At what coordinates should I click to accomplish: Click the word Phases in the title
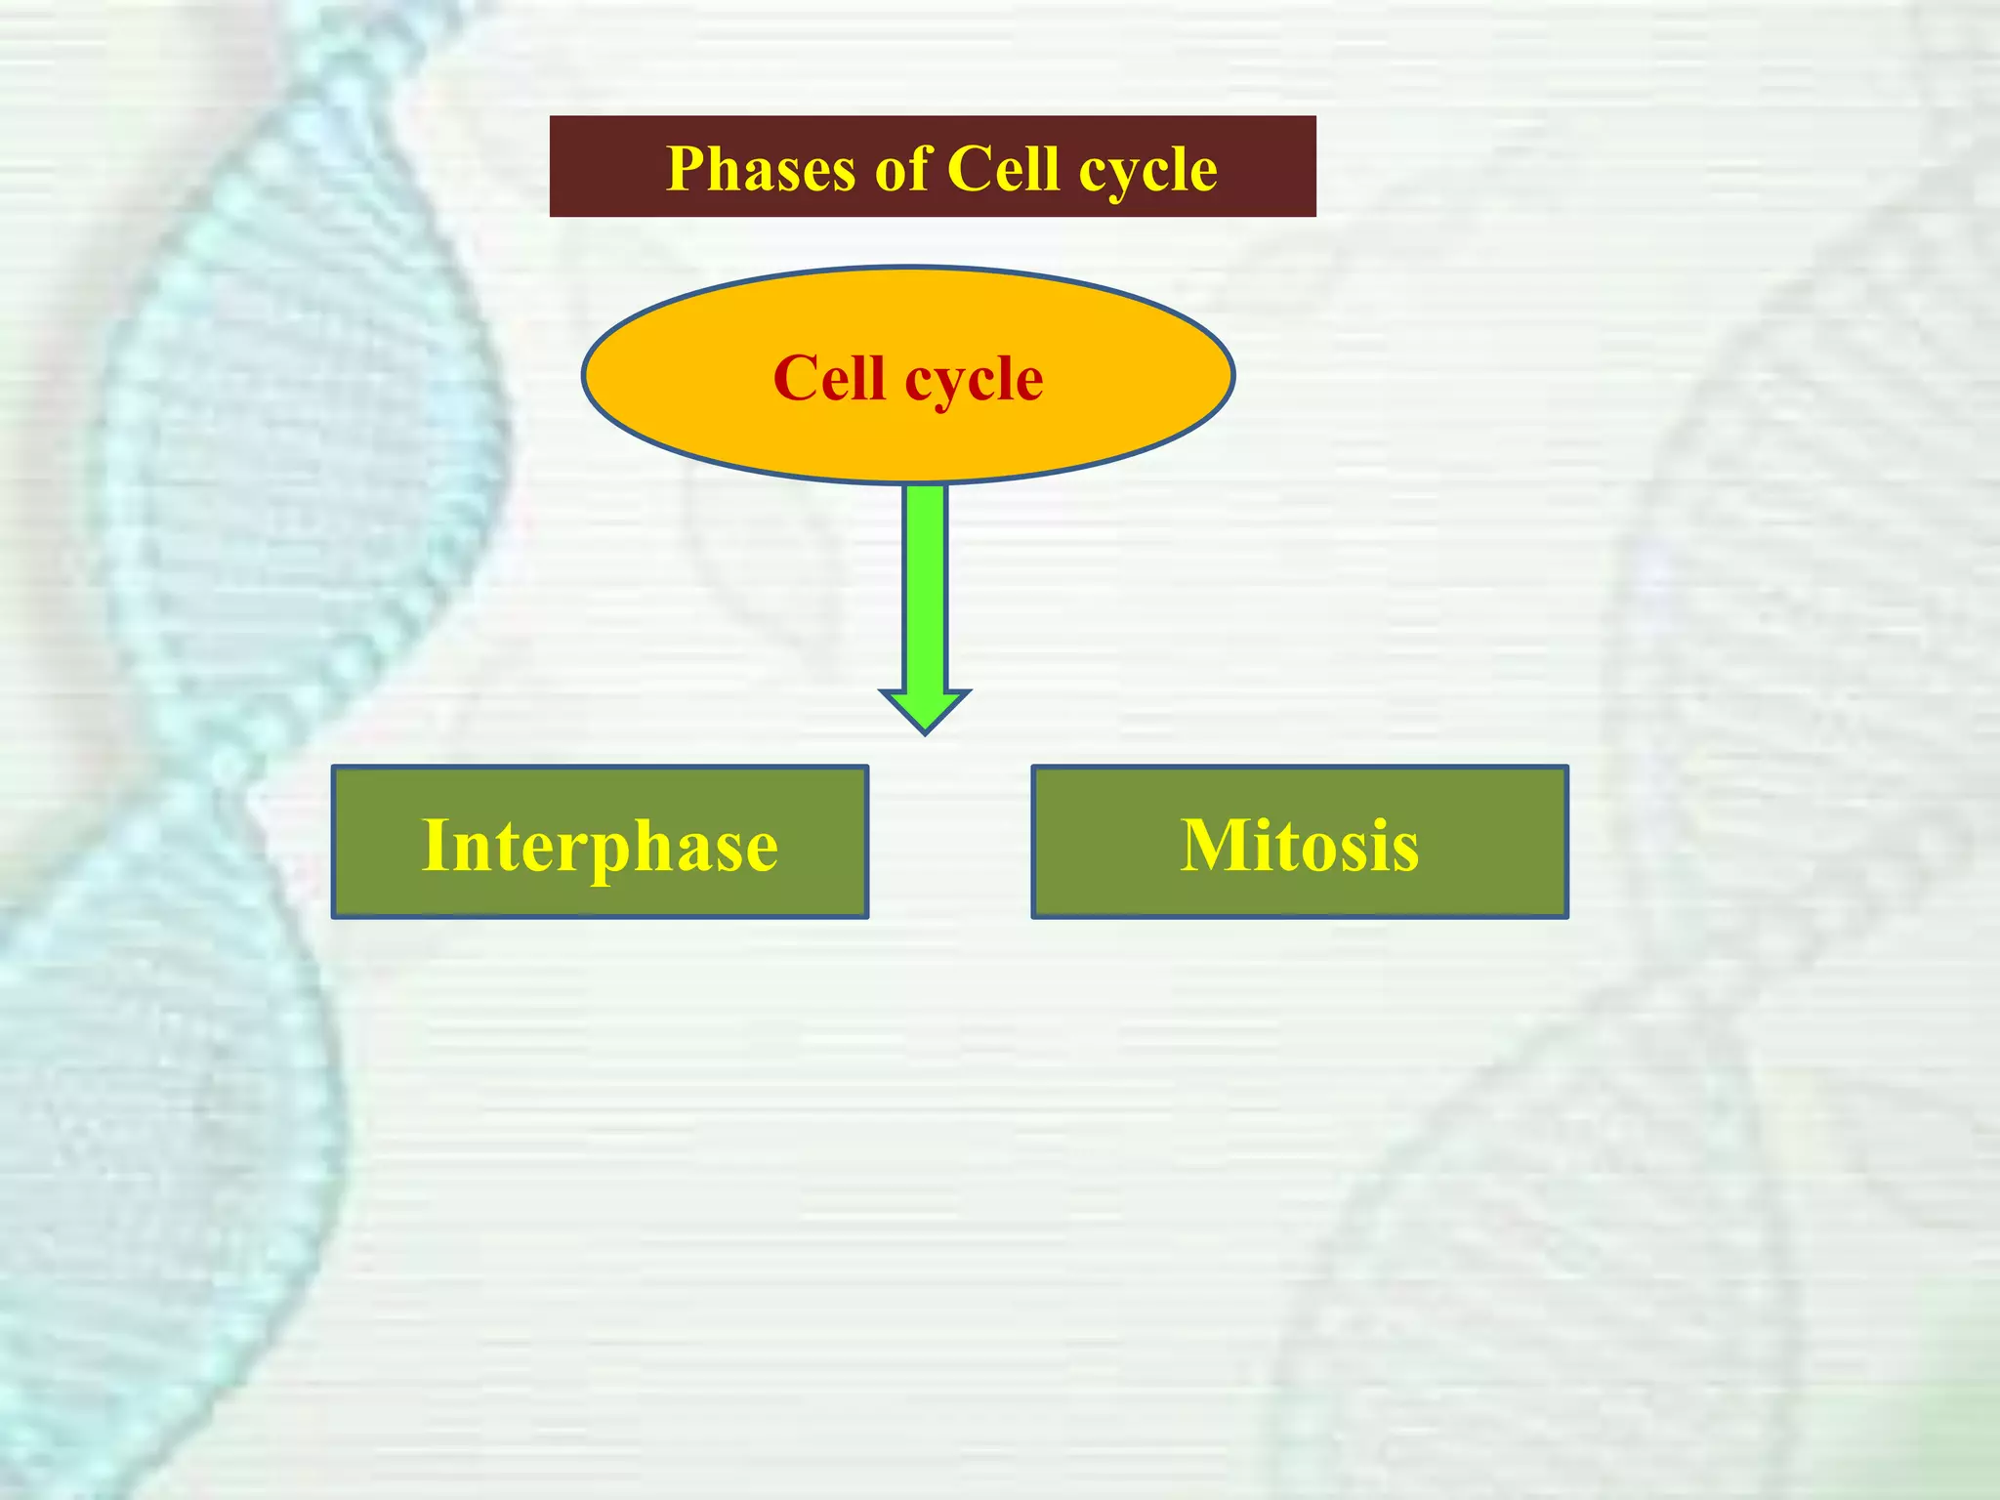click(761, 170)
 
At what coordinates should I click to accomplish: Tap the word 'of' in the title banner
click(904, 170)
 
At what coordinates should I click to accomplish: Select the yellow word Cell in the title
click(1003, 169)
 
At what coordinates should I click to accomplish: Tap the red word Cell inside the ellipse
click(828, 378)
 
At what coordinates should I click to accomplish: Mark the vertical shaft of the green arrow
click(925, 586)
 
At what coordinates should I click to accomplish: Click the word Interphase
click(600, 846)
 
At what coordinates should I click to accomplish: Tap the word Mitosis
click(1299, 846)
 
